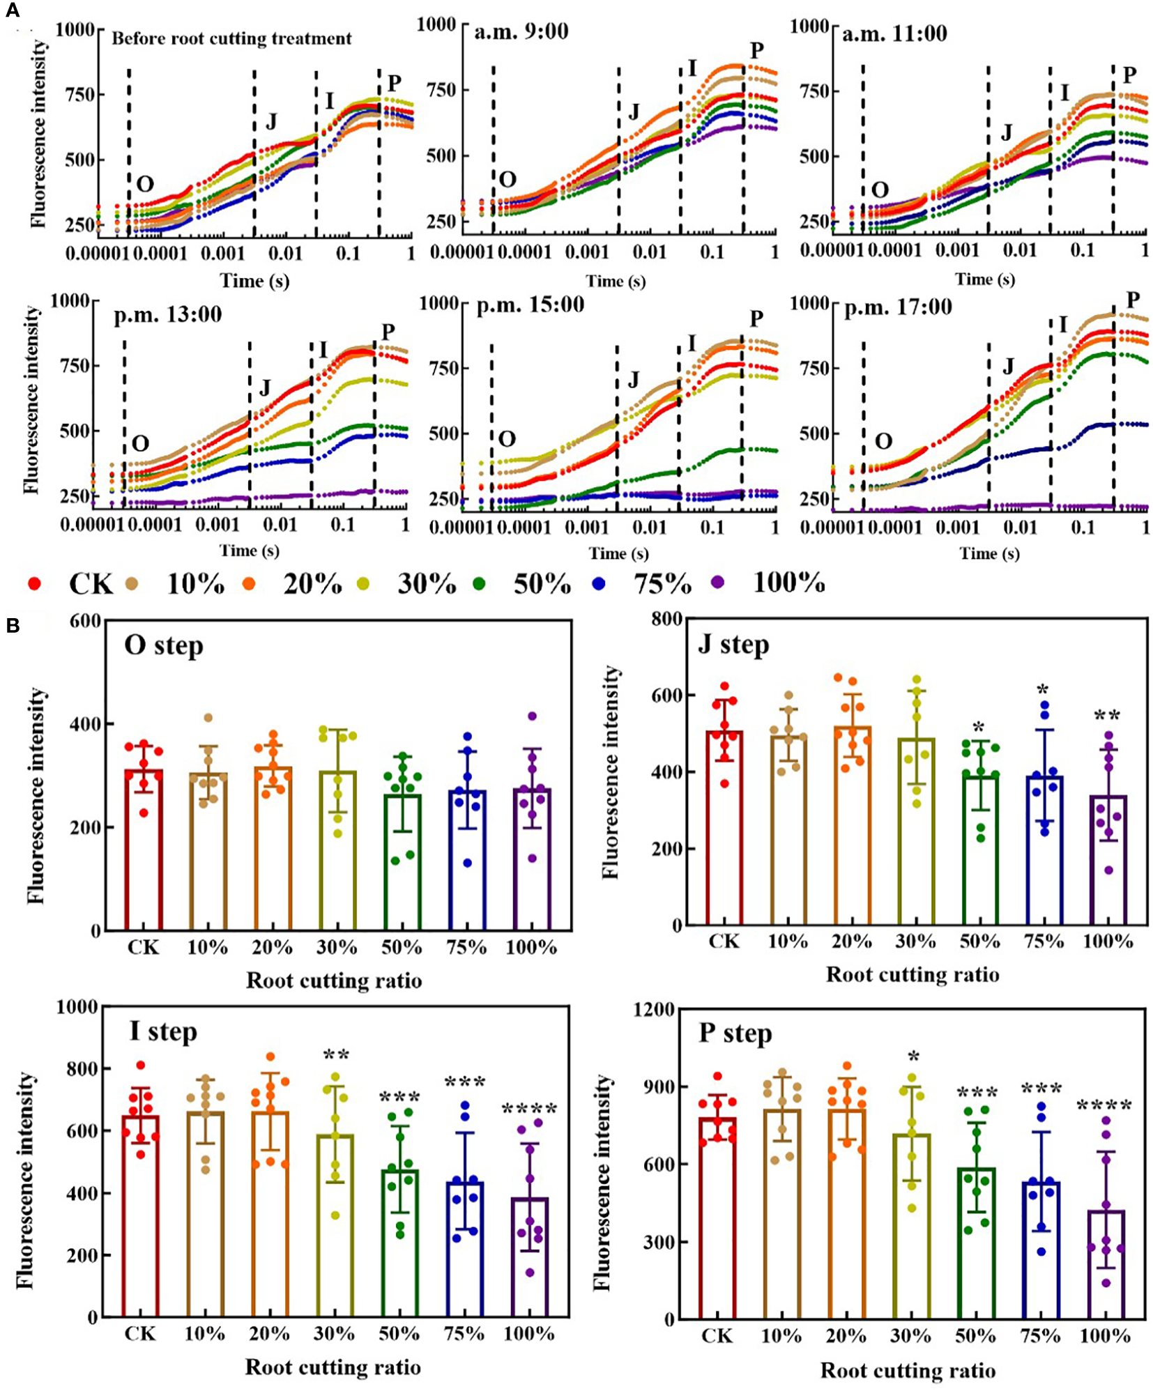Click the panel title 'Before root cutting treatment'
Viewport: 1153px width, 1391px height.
coord(231,38)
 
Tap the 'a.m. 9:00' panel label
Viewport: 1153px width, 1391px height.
coord(521,31)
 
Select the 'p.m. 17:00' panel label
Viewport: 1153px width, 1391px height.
coord(898,307)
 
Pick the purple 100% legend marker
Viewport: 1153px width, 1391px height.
coord(718,582)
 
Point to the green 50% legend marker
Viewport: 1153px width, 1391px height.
coord(479,583)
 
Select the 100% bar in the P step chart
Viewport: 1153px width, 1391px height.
coord(1106,1265)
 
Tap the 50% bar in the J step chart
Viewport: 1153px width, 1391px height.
coord(980,851)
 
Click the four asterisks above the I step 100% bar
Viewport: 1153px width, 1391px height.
coord(529,1109)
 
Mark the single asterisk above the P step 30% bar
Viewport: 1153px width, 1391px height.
coord(913,1057)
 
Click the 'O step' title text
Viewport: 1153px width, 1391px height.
coord(164,646)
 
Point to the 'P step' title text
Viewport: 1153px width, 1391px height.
coord(735,1033)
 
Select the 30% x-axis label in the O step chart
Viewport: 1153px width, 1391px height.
coord(337,948)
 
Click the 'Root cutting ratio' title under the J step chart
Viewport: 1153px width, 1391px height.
coord(912,974)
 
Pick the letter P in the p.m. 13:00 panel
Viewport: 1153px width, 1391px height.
coord(388,332)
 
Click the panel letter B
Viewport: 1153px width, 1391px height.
coord(13,625)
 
